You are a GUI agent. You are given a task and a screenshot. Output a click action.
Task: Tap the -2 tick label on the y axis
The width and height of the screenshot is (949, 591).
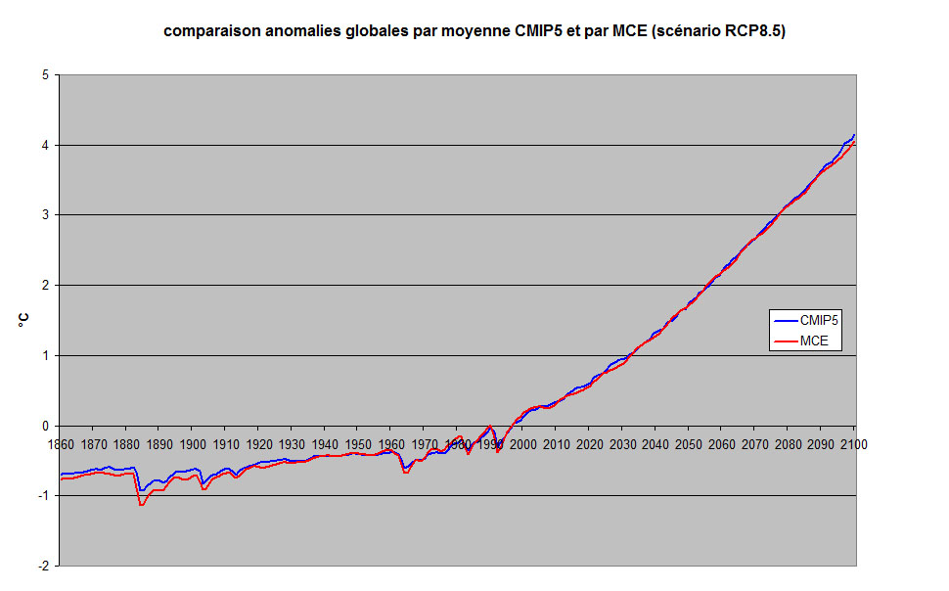[43, 567]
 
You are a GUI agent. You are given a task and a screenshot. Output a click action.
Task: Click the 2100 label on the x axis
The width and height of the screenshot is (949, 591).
[853, 444]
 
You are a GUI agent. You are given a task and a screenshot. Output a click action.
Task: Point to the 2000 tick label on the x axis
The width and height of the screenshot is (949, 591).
[523, 444]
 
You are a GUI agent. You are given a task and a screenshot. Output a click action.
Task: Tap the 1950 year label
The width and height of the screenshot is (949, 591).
[357, 444]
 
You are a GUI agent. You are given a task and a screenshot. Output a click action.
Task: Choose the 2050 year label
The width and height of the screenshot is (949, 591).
[688, 444]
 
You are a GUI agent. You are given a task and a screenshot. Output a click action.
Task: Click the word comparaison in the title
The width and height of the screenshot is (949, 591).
[206, 31]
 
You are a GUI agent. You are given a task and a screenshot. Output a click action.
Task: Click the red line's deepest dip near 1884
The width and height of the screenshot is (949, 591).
[142, 505]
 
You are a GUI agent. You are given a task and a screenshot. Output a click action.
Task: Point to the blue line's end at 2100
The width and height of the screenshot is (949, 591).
[854, 135]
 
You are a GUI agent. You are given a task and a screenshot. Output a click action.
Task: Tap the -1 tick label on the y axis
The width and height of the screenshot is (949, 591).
[43, 496]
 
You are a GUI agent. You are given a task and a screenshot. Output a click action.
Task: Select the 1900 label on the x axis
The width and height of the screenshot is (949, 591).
[192, 444]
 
